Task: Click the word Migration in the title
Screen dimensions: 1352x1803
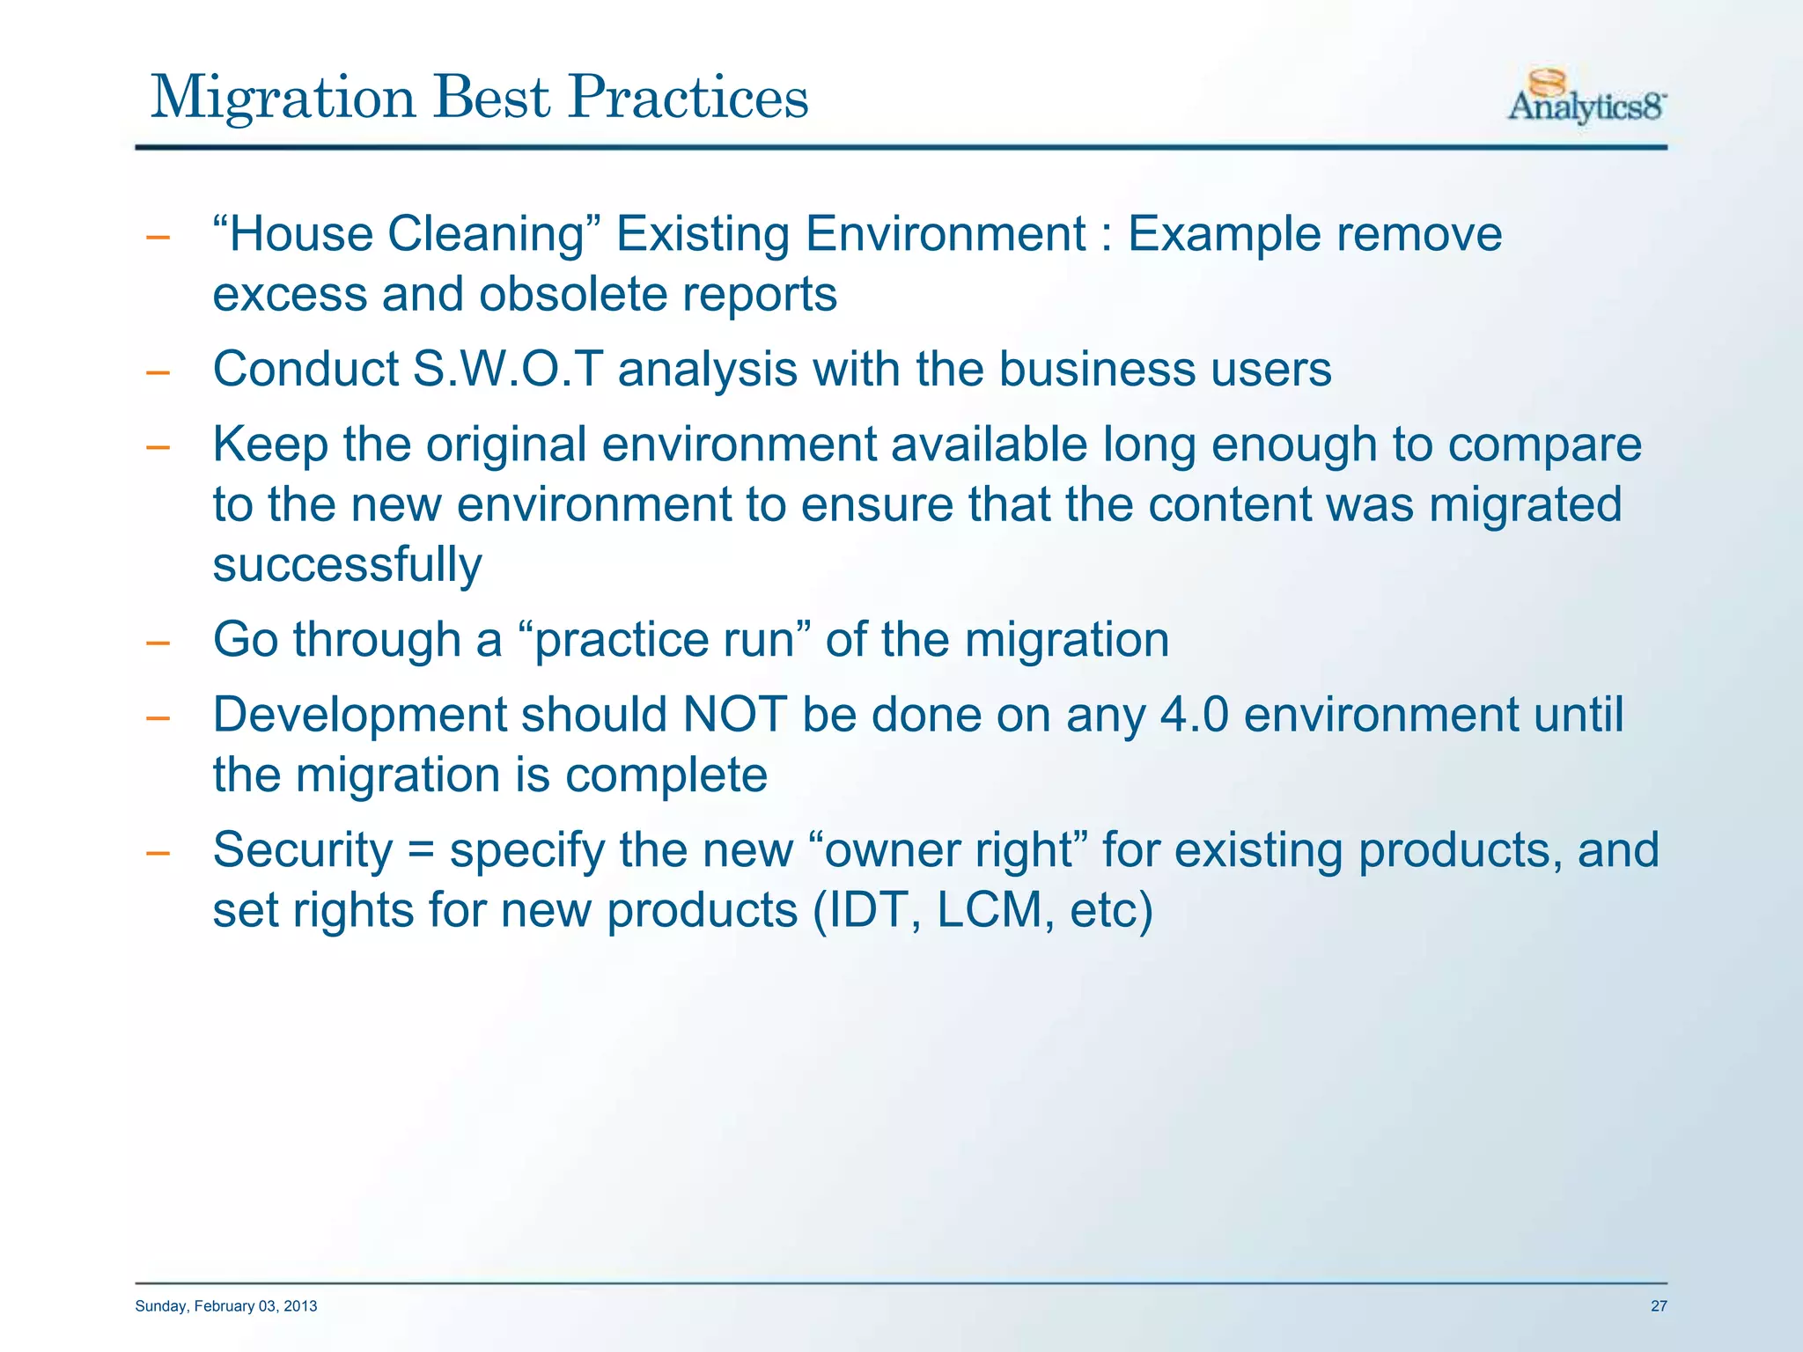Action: [283, 98]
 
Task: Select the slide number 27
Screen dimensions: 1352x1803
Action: [1658, 1306]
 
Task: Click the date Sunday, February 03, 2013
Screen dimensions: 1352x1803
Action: [226, 1306]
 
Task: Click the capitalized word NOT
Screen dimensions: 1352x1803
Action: [734, 715]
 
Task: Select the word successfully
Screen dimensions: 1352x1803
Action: [347, 565]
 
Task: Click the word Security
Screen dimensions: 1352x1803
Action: [302, 850]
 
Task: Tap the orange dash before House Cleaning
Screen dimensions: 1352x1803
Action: [158, 238]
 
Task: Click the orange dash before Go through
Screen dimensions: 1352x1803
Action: [158, 643]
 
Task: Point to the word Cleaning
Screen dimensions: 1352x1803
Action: [486, 235]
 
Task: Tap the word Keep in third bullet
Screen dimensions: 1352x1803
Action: [269, 445]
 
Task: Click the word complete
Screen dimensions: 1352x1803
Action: [666, 775]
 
